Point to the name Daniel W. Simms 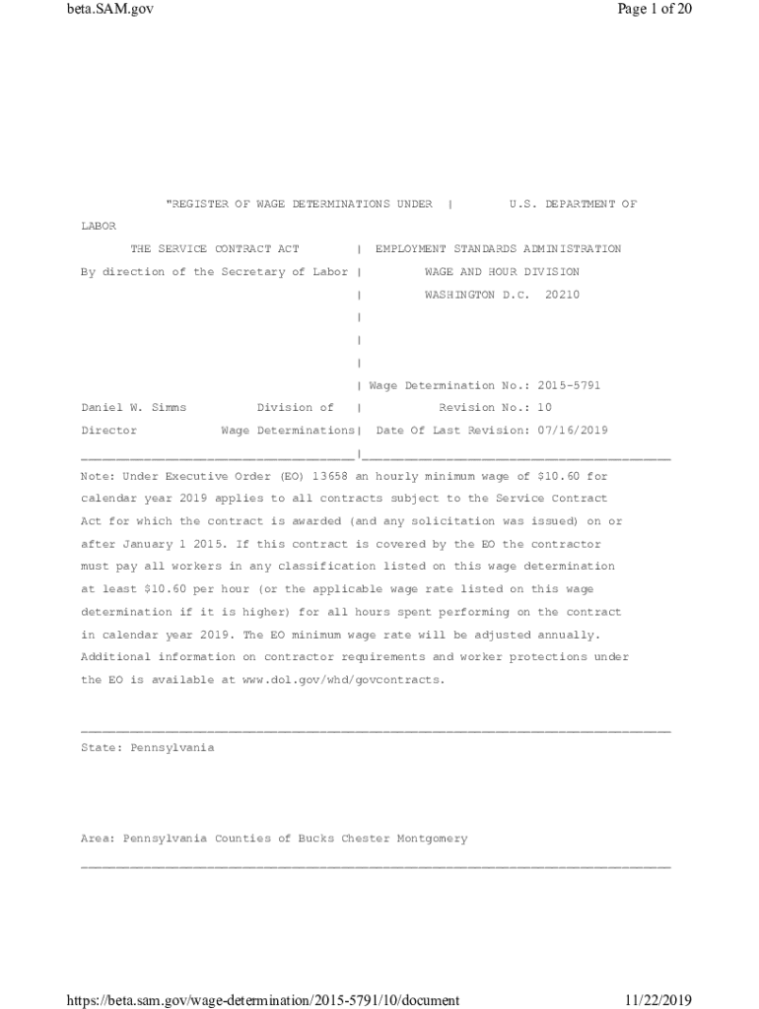click(133, 407)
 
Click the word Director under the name click(108, 431)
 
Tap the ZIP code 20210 click(562, 295)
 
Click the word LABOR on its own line click(98, 227)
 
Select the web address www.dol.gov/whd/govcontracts click(343, 680)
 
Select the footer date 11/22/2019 click(658, 1001)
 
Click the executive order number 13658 click(329, 476)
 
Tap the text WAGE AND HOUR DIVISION click(502, 272)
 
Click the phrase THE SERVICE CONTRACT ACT click(215, 249)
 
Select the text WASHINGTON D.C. click(467, 295)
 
